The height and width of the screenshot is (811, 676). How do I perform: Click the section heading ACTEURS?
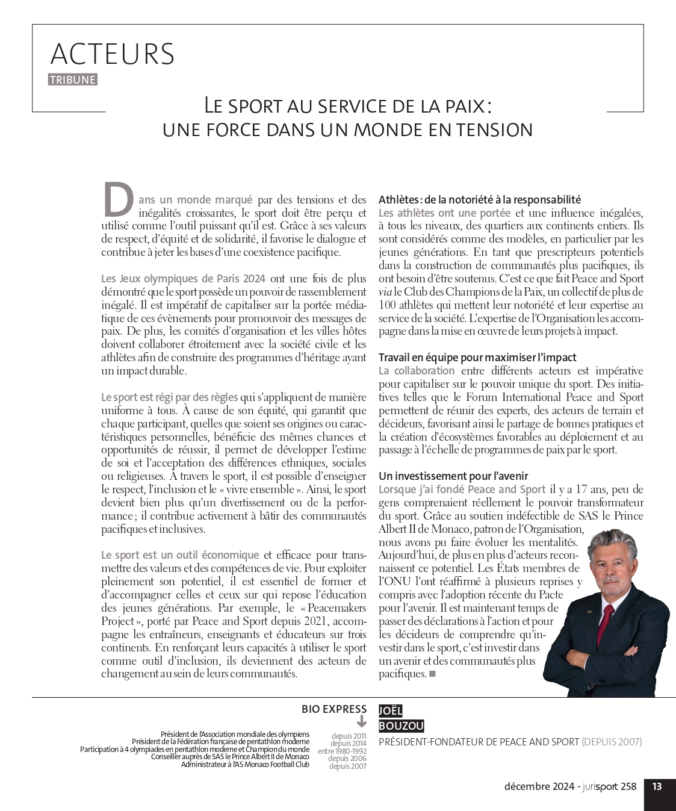point(113,54)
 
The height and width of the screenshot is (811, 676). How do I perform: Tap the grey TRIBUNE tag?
point(73,80)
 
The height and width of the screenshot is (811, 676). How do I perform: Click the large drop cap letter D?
point(118,200)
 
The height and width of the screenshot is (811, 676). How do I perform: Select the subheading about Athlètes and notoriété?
point(480,199)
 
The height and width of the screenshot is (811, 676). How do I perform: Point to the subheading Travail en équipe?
point(477,357)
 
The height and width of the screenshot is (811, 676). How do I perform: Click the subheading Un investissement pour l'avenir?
point(453,476)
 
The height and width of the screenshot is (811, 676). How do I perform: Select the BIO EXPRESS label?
point(334,709)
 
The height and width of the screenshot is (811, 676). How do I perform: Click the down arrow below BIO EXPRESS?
point(361,721)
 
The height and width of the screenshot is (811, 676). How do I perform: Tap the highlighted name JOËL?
point(390,710)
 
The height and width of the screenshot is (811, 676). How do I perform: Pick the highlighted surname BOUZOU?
point(401,726)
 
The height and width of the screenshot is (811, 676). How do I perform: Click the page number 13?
point(657,786)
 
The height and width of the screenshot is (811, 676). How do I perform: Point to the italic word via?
point(385,292)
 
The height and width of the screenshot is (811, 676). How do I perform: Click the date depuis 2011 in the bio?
point(349,736)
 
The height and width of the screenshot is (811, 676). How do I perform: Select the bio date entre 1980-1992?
point(342,751)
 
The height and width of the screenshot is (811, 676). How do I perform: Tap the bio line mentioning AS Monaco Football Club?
point(245,765)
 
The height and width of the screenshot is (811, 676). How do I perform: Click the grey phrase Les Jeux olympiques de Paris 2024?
point(183,279)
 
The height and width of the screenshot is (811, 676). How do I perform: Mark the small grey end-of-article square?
point(432,674)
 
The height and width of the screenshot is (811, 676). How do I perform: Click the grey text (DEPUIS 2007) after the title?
point(612,742)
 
